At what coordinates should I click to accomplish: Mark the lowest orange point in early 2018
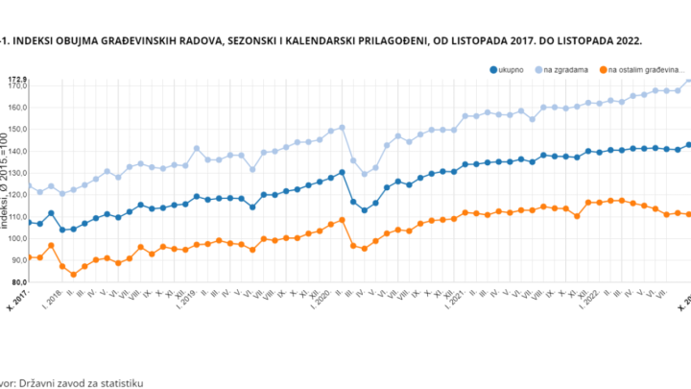point(74,275)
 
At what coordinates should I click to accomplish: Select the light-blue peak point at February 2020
point(342,127)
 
